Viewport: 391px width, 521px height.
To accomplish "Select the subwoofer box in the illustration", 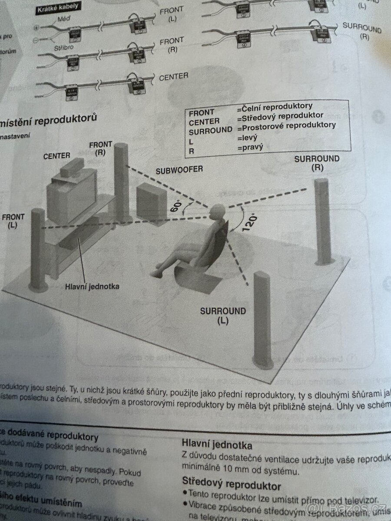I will [151, 202].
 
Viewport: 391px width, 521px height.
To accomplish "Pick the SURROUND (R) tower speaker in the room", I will [323, 221].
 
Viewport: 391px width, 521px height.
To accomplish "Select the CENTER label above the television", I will [56, 155].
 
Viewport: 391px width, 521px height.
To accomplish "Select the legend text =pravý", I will [250, 147].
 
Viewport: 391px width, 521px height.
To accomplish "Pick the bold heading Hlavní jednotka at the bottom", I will [217, 445].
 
